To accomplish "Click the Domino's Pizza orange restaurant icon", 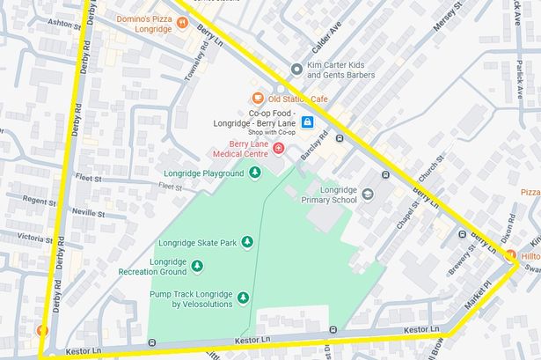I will (x=182, y=22).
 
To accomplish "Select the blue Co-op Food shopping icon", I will (x=308, y=122).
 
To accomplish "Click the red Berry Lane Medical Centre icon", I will (x=279, y=150).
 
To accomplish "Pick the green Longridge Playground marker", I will (x=255, y=173).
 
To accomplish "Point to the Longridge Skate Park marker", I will (x=247, y=241).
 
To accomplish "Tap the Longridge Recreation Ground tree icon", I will (x=196, y=266).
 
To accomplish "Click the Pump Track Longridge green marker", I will (x=243, y=298).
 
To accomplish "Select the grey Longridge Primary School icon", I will (x=368, y=194).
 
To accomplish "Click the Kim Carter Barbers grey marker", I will (x=296, y=68).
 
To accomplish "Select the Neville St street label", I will (x=90, y=213).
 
